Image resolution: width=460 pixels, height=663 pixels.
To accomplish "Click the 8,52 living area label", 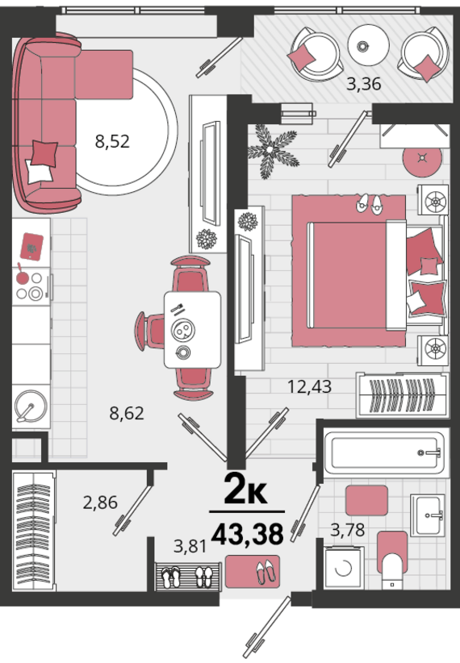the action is tap(112, 141).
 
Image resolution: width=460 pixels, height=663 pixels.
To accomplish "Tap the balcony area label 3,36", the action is tap(363, 84).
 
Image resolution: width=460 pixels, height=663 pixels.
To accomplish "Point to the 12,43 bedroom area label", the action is tap(309, 386).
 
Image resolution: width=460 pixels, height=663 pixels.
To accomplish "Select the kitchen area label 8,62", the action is tap(127, 413).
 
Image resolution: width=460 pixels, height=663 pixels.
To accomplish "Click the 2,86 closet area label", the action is tap(100, 502).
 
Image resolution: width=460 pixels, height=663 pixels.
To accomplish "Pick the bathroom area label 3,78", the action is tap(348, 529).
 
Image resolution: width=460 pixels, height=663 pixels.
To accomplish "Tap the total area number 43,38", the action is tap(247, 534).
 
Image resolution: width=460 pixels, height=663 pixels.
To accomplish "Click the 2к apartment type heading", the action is tap(245, 490).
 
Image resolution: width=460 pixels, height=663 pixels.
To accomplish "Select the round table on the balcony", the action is tap(368, 45).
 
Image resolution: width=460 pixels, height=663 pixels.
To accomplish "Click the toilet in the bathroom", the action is tap(392, 560).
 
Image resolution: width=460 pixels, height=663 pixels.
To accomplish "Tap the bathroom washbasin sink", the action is tap(428, 515).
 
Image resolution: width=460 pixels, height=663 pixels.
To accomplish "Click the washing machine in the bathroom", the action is tap(345, 568).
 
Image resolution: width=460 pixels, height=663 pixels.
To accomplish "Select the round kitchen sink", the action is tap(30, 407).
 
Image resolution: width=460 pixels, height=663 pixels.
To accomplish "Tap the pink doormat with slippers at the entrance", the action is tap(253, 572).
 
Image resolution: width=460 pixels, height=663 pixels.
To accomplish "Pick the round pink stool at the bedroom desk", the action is tap(422, 158).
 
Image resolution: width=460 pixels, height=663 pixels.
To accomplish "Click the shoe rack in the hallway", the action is tap(188, 577).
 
